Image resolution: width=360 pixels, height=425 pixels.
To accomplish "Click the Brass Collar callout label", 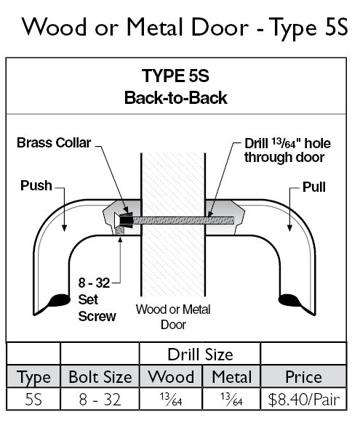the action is (x=54, y=142).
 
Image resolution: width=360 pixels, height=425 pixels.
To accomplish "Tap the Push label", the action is (x=36, y=186).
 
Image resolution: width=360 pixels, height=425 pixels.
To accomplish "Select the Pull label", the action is (x=314, y=187).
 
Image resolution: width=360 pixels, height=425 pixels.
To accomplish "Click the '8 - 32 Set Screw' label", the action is (x=97, y=299).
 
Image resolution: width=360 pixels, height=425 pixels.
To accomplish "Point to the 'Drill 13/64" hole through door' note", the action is (x=287, y=150).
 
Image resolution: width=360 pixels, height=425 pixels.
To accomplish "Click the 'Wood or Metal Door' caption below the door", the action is (x=173, y=317).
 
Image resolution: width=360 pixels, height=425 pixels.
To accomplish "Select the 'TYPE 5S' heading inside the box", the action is (x=175, y=76).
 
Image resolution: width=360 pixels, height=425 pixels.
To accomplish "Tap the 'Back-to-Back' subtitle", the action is (x=176, y=97).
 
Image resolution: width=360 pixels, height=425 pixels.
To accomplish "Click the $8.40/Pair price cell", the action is (x=303, y=400).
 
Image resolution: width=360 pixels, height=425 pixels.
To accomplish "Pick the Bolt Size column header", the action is (x=100, y=377).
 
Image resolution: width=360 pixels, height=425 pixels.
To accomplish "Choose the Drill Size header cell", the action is (x=200, y=355).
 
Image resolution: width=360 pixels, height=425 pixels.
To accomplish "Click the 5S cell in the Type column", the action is (x=33, y=400).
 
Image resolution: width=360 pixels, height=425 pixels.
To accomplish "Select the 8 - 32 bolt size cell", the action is (x=100, y=400).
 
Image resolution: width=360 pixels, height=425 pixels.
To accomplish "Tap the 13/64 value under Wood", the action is (x=171, y=400).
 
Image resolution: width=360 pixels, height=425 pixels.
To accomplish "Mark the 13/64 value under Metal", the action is (x=231, y=400).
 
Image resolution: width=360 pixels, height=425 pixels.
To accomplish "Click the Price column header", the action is (x=303, y=377).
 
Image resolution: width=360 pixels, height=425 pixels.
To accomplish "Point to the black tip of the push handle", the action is (x=59, y=300).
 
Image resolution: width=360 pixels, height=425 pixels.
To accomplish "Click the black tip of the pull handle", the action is (x=289, y=300).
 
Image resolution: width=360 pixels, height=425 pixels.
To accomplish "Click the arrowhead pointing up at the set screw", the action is (x=120, y=240).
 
